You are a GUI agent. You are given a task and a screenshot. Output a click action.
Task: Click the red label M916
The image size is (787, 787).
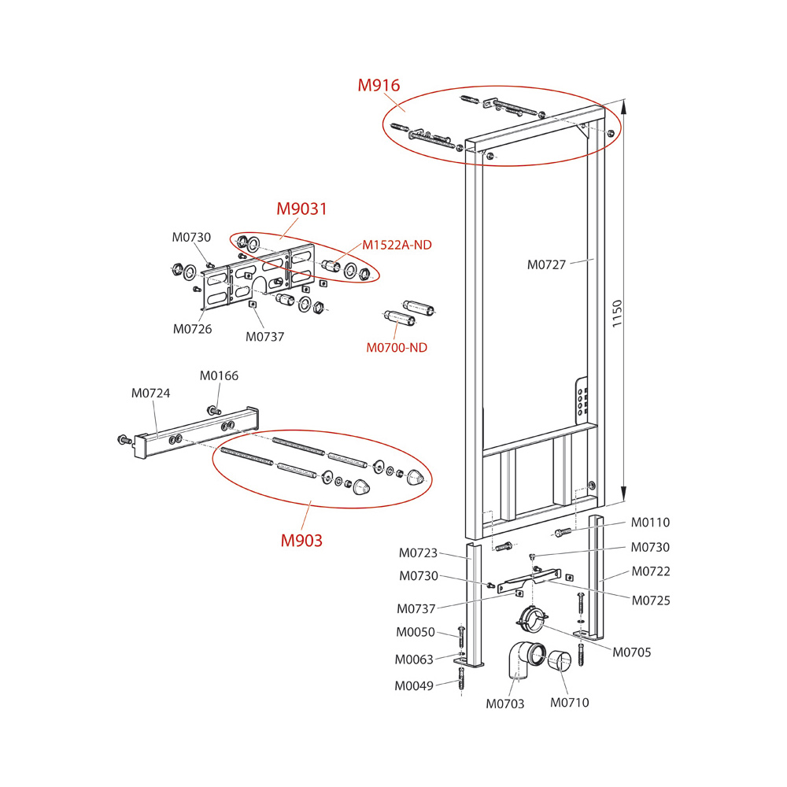click(x=379, y=86)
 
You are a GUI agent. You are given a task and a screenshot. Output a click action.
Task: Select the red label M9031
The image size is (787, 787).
click(x=301, y=209)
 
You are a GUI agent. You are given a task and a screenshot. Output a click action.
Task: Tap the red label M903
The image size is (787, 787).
click(x=302, y=541)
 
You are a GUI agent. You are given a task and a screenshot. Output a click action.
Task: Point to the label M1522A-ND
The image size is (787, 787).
click(x=397, y=245)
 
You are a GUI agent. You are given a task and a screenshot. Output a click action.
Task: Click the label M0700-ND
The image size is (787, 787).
click(x=397, y=347)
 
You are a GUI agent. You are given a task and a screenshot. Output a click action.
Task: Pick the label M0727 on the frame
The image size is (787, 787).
click(x=546, y=264)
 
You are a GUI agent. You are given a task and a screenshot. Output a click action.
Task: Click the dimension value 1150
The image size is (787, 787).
click(x=617, y=316)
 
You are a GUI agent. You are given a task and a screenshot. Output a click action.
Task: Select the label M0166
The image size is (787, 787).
click(x=219, y=376)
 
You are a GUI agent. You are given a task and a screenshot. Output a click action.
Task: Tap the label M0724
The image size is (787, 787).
click(x=150, y=393)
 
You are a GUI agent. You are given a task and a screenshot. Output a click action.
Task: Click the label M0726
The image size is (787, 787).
click(x=193, y=329)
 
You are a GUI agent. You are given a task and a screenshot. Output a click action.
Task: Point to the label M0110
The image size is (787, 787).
click(x=650, y=523)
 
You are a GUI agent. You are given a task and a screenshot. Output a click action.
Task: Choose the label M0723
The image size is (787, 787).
click(x=418, y=553)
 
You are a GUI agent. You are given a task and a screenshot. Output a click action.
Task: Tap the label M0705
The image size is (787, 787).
click(x=632, y=652)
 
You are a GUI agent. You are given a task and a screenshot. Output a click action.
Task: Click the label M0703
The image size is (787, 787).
click(x=505, y=704)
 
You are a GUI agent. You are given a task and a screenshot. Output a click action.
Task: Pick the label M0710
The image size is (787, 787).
click(x=569, y=703)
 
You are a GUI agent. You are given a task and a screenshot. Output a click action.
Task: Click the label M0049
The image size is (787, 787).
click(x=414, y=685)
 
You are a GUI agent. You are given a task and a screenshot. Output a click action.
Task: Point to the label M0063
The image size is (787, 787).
click(x=414, y=660)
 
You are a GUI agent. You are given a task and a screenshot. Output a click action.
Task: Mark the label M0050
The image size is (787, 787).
click(x=416, y=632)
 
